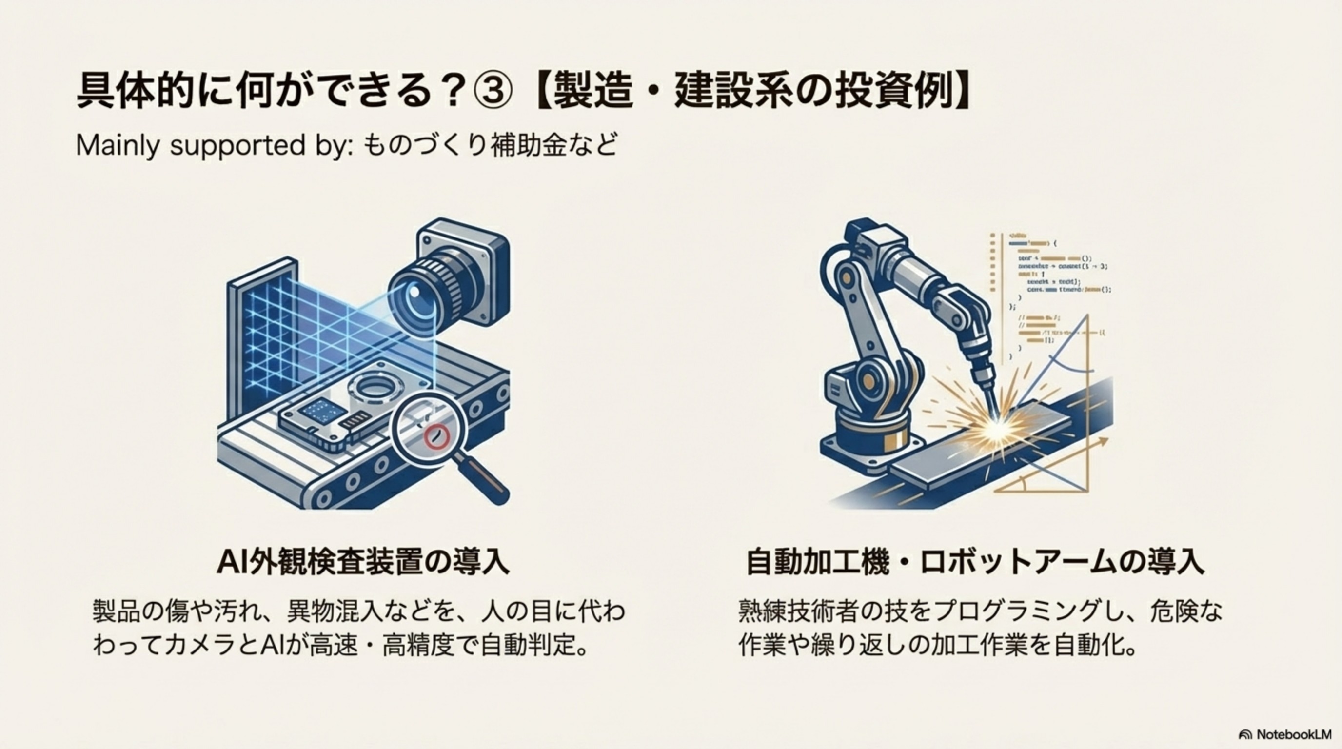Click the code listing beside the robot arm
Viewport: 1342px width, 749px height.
tap(1052, 292)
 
